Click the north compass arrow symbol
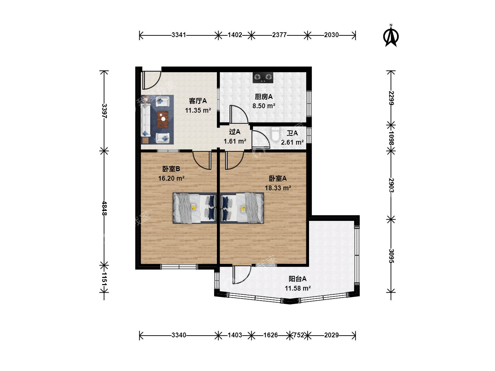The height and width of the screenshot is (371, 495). (x=391, y=36)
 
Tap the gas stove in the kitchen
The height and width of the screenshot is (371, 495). (x=263, y=78)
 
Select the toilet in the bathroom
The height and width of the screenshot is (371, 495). (x=275, y=134)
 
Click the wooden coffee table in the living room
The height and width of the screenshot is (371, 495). (x=163, y=120)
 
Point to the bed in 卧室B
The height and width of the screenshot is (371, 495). (x=195, y=208)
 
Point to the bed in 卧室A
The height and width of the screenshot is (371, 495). (x=242, y=208)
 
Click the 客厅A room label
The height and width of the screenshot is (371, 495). (x=198, y=101)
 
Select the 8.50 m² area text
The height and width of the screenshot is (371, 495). (x=264, y=106)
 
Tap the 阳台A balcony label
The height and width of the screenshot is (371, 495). (x=297, y=279)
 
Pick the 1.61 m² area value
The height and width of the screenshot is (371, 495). (x=235, y=141)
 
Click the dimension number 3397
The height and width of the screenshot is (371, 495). (x=104, y=111)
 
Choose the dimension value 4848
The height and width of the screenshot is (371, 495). (x=104, y=208)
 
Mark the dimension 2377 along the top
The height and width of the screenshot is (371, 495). (x=279, y=35)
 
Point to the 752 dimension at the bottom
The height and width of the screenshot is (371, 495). (x=299, y=335)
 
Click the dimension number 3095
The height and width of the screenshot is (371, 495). (x=391, y=256)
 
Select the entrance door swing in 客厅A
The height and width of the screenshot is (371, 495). (x=152, y=80)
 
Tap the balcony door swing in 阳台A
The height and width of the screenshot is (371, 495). (x=242, y=275)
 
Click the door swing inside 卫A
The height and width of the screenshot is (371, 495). (x=261, y=139)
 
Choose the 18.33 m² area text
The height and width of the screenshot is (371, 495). (x=278, y=188)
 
